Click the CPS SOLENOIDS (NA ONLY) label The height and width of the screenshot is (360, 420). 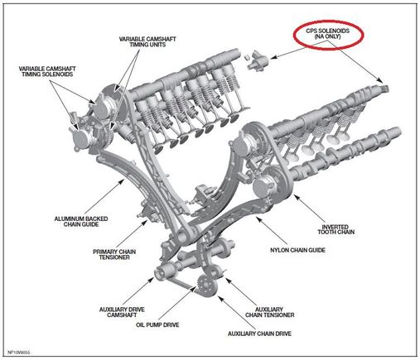pos(327,33)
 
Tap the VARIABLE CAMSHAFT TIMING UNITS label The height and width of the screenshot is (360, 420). pos(147,41)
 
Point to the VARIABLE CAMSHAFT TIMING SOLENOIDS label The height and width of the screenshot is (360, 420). pos(47,71)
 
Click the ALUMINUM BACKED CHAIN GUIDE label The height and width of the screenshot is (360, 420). pos(81,222)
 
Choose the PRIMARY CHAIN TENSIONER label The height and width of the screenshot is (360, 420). pos(114,254)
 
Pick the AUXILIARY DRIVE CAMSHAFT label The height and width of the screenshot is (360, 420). pos(122,312)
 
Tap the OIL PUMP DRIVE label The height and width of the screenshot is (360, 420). pos(157,324)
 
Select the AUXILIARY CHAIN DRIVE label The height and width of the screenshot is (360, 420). pos(259,334)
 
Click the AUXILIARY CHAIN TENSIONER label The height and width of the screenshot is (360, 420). pos(269,312)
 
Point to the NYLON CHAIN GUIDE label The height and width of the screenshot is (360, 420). pos(297,250)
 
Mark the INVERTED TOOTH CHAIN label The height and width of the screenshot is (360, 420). pos(336,229)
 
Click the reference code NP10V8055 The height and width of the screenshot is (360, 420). pos(18,353)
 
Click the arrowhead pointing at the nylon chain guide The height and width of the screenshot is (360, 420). pos(258,219)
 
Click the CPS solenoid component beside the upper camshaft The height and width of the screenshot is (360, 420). pos(258,61)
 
